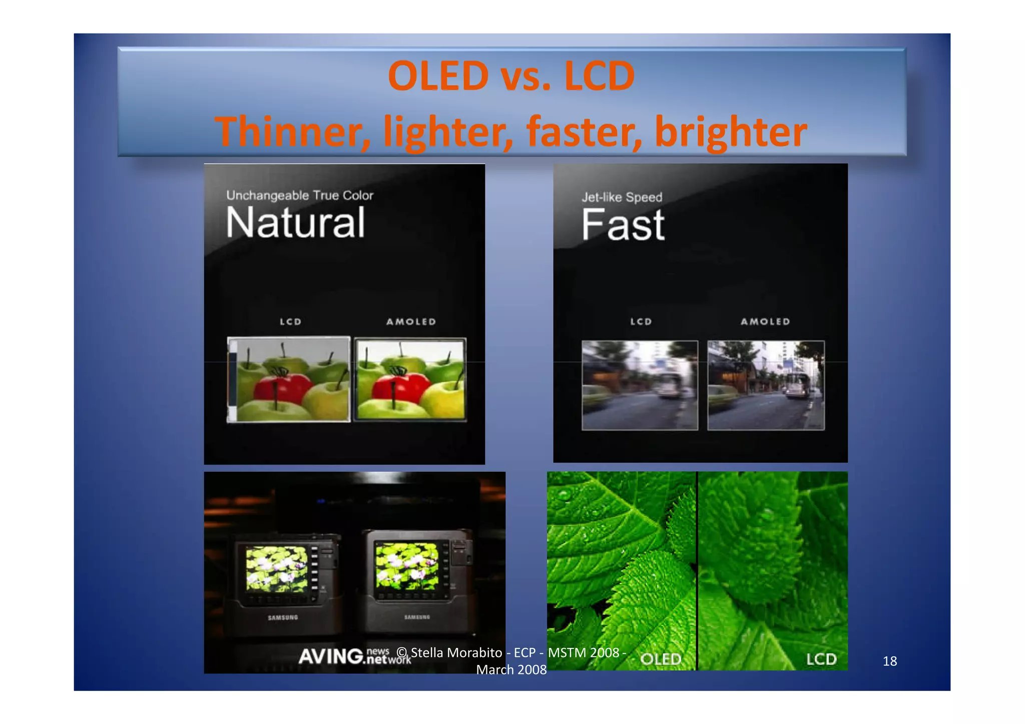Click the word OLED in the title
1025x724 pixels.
pos(438,76)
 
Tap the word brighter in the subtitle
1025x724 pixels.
pos(731,131)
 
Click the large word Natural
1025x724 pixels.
pos(295,223)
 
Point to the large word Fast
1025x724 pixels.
pos(623,225)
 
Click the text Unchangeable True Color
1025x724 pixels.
pos(299,195)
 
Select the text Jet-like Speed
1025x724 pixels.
pos(622,197)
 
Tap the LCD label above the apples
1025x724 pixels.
pos(290,322)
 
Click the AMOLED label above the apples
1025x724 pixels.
pos(411,322)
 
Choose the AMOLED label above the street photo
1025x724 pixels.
pos(765,322)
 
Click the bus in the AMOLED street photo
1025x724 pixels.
pos(796,385)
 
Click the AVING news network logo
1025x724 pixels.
pos(354,655)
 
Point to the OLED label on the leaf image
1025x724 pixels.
pos(661,659)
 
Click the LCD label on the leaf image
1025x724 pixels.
pos(821,659)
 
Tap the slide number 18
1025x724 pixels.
pos(889,661)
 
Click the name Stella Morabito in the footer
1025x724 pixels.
pos(456,652)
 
